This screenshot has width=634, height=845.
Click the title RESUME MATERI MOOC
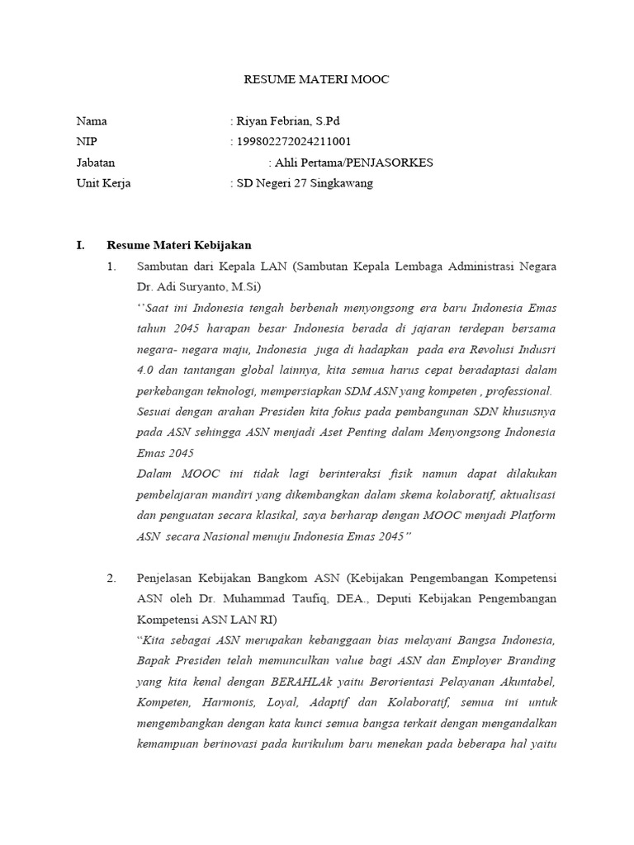coord(316,80)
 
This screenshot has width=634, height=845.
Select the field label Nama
coord(92,121)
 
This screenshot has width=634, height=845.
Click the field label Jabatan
coord(96,163)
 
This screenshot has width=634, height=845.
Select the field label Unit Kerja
coord(103,183)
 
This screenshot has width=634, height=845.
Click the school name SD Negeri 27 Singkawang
coord(304,183)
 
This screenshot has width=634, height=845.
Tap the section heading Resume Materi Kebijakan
coord(179,245)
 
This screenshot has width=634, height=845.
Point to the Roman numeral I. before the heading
coord(80,245)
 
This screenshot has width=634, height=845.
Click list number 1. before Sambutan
coord(112,267)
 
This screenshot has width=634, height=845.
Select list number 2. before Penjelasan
coord(112,578)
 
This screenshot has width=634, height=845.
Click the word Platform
coord(532,515)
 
